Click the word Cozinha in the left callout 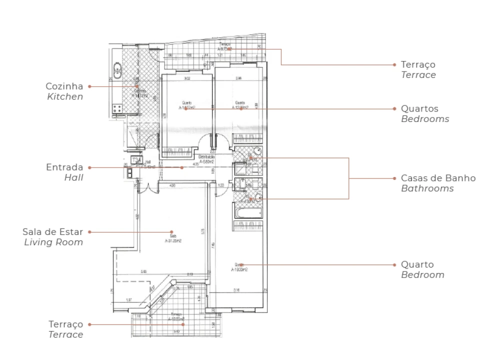point(64,86)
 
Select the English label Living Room point(54,242)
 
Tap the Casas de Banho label point(438,178)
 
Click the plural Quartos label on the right point(419,108)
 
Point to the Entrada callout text point(64,167)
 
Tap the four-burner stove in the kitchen point(118,108)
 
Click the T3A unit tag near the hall point(135,160)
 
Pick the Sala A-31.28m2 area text point(172,238)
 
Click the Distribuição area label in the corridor point(207,159)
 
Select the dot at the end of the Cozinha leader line point(136,86)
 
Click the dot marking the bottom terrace point(183,324)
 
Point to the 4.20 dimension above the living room point(173,186)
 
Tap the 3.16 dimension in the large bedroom point(236,290)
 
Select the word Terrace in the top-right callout point(418,75)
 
